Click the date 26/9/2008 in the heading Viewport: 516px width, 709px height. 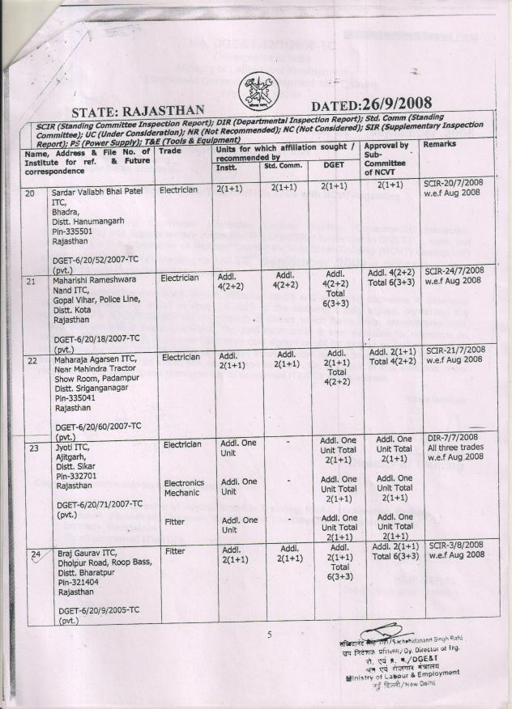394,104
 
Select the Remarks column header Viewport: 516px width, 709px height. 440,144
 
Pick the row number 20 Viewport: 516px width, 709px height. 31,194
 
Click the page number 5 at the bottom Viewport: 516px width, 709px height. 269,635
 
